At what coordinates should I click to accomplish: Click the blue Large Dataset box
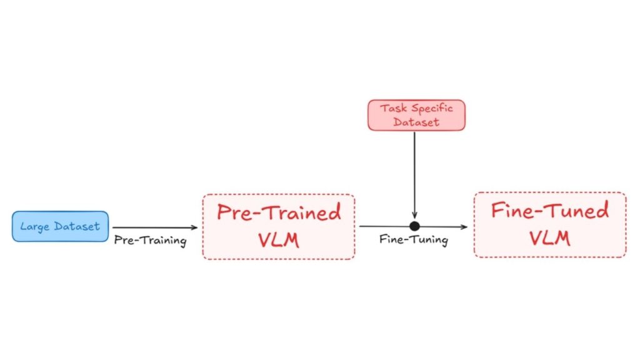pos(60,226)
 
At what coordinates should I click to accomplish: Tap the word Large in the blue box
pos(34,226)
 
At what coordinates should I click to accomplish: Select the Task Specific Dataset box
pos(416,115)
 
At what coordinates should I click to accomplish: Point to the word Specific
pos(431,108)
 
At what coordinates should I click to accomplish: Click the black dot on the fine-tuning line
pos(414,226)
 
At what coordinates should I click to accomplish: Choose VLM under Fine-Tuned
pos(550,238)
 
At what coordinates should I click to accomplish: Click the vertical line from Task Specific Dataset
pos(414,169)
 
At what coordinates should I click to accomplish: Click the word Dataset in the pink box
pos(416,122)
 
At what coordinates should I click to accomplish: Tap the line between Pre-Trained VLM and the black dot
pos(382,226)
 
